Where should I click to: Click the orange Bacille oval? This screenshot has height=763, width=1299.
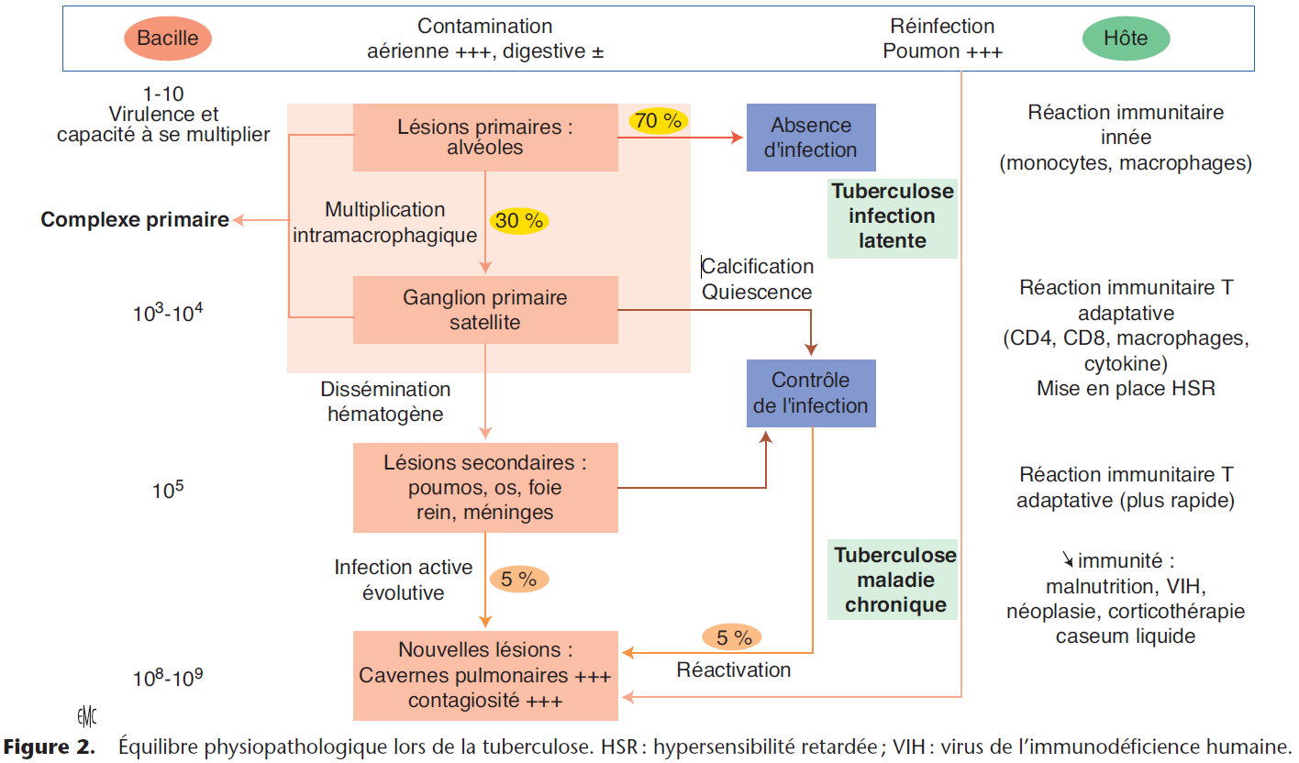(x=167, y=39)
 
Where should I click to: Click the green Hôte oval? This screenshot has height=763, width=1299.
(x=1126, y=39)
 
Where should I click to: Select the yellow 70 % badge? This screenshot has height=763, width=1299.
(x=659, y=120)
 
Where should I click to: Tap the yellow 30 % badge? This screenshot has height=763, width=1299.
(x=519, y=221)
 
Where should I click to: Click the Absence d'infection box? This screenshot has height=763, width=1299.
(x=811, y=138)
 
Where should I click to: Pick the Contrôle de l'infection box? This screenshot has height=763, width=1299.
(x=811, y=393)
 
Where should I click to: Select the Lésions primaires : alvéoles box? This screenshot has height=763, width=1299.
(x=485, y=138)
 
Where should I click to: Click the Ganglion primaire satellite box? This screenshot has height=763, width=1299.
(x=485, y=310)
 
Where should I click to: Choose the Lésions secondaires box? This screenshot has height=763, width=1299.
(x=485, y=488)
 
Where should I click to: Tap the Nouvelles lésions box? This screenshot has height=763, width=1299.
(x=485, y=675)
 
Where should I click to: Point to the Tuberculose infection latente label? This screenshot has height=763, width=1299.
(x=892, y=217)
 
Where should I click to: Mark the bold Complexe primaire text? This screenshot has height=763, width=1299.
(x=135, y=220)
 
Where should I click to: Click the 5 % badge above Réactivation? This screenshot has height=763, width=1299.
(x=733, y=636)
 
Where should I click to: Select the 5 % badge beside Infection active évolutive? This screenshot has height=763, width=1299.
(x=518, y=580)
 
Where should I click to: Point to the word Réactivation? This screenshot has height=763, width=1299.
(x=733, y=670)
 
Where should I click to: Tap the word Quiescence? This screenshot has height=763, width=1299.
(x=757, y=293)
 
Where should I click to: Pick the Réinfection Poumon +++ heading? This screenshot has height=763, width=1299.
(x=942, y=39)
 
